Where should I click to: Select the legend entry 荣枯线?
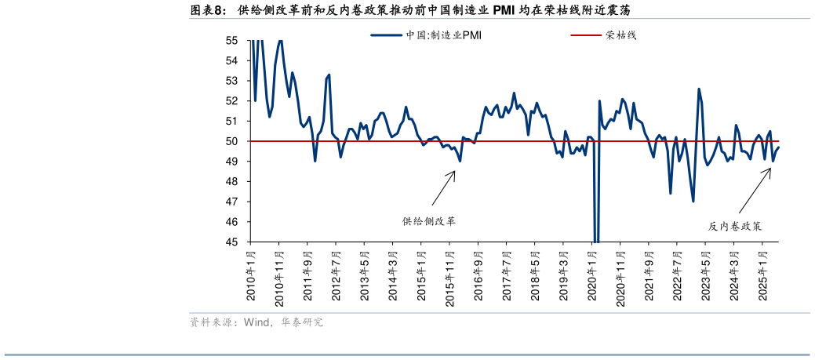620,35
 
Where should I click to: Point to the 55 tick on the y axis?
231,40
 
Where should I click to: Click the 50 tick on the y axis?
231,141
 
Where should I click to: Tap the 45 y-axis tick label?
231,242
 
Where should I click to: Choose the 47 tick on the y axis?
231,202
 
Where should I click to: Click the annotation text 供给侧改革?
429,221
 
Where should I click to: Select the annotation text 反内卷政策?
735,226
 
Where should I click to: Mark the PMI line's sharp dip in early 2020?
596,235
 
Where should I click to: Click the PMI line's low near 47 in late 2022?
693,201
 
